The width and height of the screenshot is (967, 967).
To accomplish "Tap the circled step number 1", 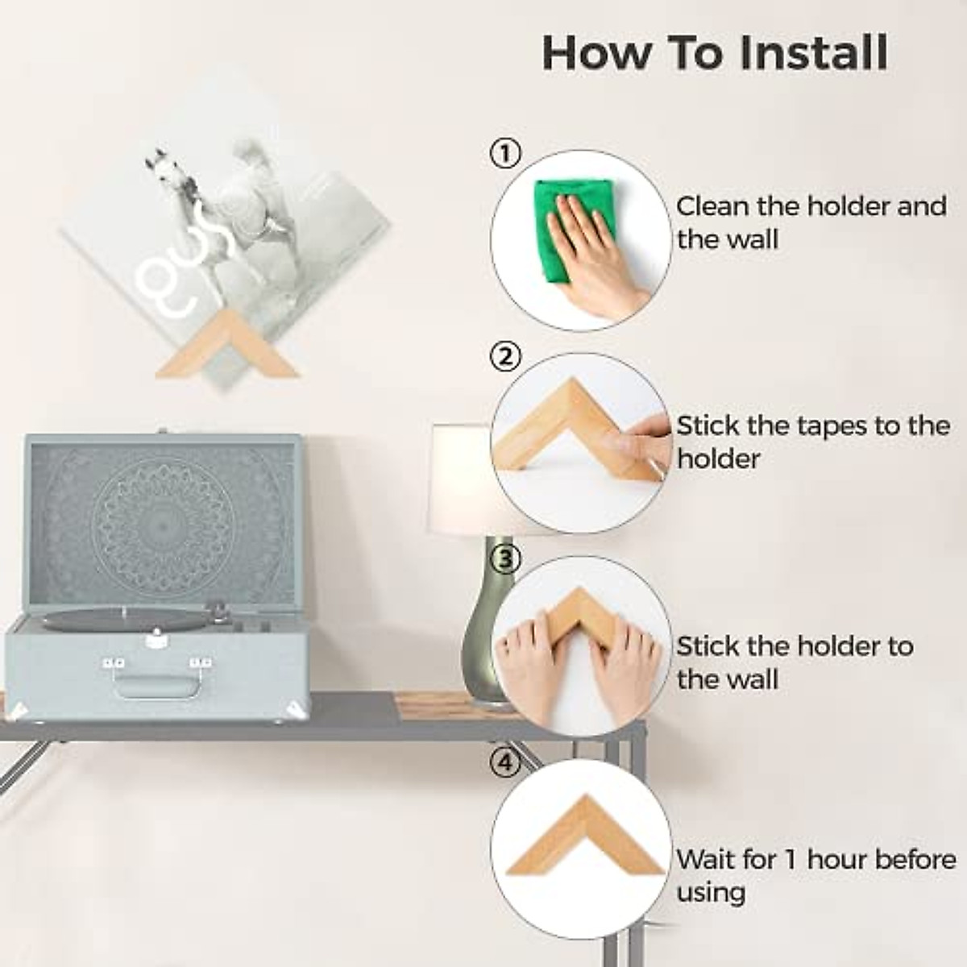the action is (505, 154).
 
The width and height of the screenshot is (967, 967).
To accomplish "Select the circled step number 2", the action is (505, 357).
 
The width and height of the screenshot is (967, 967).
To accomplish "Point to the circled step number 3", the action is (505, 560).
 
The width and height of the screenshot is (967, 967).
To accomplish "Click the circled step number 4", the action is (505, 763).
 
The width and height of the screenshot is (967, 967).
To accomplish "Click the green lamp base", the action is (483, 622).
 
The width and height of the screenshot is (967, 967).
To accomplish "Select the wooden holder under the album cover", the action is (228, 347).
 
